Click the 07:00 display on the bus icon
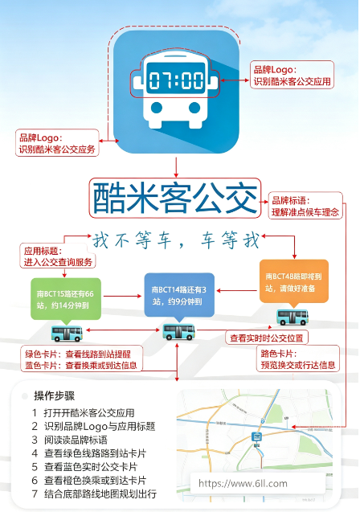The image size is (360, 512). tap(176, 79)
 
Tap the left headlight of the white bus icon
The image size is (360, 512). tap(157, 107)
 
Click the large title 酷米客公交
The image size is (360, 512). tap(175, 198)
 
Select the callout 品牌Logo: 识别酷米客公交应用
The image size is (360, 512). tap(292, 75)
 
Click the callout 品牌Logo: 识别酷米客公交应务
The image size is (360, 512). tap(57, 143)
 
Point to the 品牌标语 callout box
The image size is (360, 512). tap(305, 206)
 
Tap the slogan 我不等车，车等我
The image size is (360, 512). tap(176, 240)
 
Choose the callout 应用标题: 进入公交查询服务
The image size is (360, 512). tap(58, 256)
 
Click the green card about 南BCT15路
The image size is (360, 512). tap(66, 298)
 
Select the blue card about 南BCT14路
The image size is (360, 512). tap(179, 295)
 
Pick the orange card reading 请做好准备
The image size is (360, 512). tap(294, 281)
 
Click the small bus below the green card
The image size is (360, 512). tap(67, 334)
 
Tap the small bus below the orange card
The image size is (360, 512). tap(292, 317)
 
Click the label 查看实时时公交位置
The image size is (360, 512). tap(267, 338)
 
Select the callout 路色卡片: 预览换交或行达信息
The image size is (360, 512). tap(297, 358)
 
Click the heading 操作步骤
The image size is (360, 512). tap(55, 395)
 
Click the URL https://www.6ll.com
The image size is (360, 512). tap(243, 483)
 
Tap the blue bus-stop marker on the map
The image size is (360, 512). tap(257, 436)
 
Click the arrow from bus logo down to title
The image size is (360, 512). tap(176, 167)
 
